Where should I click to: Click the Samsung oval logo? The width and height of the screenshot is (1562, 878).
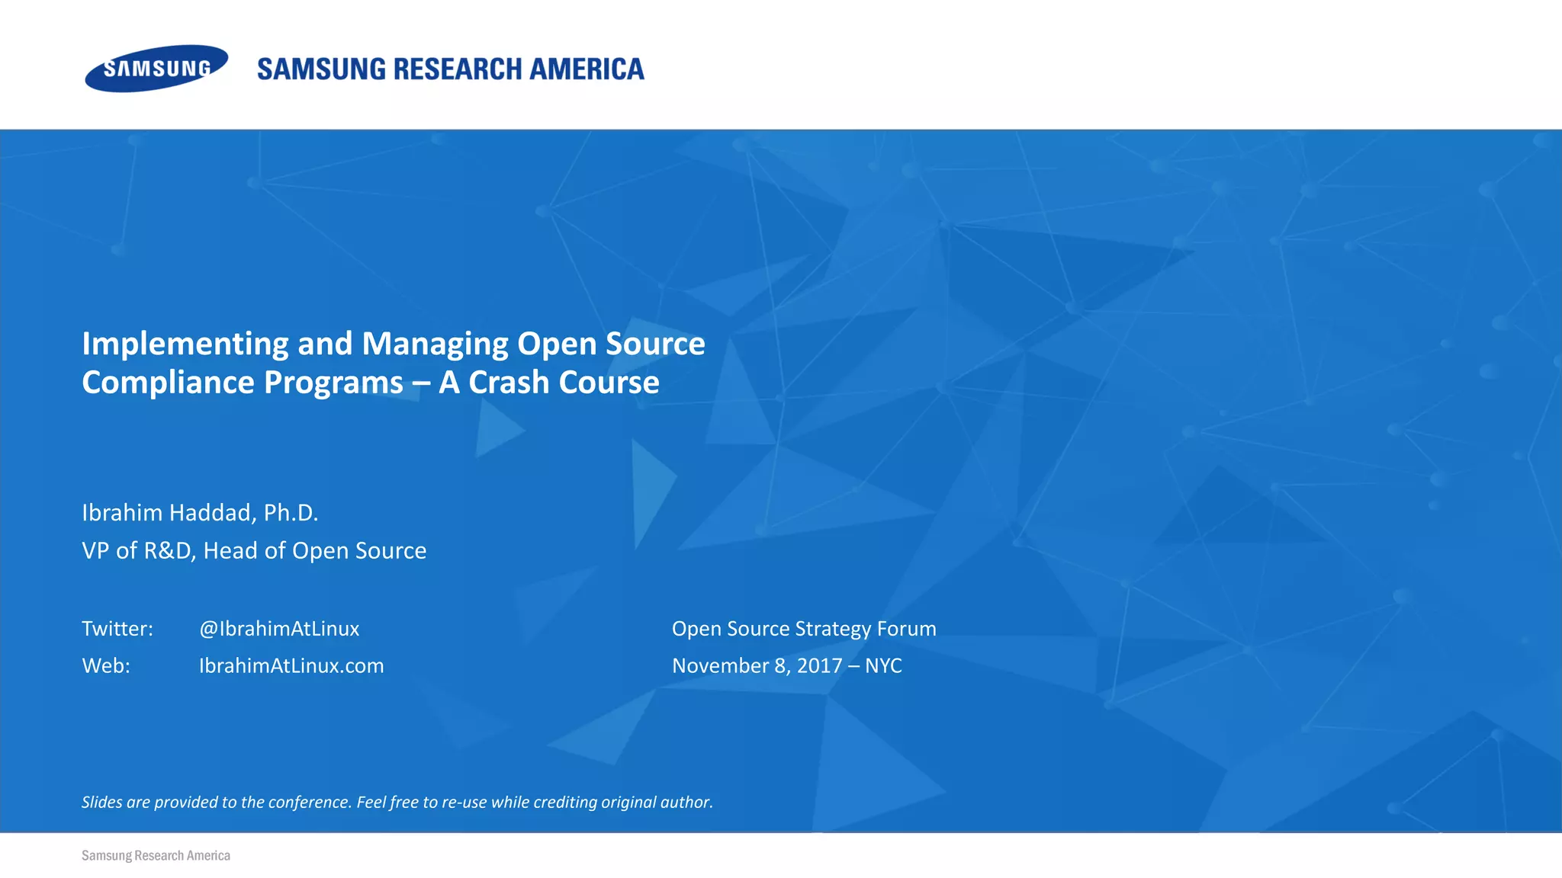[x=156, y=69]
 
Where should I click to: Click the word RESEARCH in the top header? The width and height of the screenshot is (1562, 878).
[x=458, y=69]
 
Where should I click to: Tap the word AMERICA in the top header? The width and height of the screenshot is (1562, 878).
[x=587, y=69]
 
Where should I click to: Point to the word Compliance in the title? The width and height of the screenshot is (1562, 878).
[x=168, y=383]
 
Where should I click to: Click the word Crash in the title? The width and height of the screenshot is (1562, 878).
[x=508, y=383]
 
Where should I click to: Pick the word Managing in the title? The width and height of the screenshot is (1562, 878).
[x=435, y=344]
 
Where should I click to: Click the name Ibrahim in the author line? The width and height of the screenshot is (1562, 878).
[x=121, y=512]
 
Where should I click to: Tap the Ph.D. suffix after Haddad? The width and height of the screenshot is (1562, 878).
[x=291, y=512]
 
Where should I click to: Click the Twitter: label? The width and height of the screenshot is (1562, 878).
[x=117, y=629]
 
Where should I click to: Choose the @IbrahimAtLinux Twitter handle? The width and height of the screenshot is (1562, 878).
[x=279, y=629]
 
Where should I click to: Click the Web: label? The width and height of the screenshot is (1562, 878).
[x=106, y=666]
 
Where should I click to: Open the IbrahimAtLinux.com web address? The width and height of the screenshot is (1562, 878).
[x=291, y=666]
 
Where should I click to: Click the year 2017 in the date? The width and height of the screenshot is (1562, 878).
[x=819, y=666]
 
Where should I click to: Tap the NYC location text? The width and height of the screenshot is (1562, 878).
[x=883, y=666]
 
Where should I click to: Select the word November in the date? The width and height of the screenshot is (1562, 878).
[x=720, y=666]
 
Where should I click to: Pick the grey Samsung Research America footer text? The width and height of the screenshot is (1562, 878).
[x=156, y=856]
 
